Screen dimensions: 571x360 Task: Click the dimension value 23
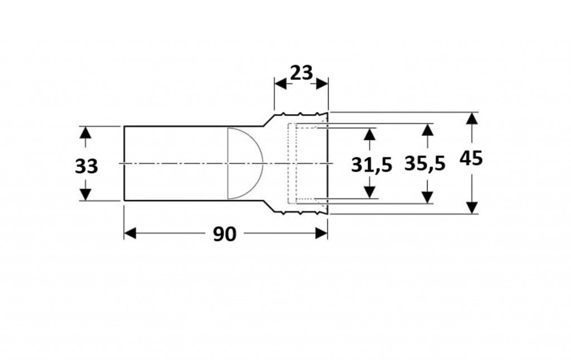click(x=301, y=73)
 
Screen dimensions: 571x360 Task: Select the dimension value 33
click(x=86, y=166)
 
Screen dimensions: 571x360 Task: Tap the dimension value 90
click(x=224, y=234)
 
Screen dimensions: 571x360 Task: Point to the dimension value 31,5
click(x=371, y=165)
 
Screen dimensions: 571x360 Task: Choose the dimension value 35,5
click(x=424, y=163)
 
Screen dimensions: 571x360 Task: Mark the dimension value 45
click(x=471, y=158)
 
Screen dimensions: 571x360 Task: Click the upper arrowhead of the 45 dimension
click(x=472, y=119)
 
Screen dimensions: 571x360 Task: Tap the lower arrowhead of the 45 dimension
click(x=472, y=207)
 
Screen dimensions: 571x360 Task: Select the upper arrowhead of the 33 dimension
click(x=85, y=133)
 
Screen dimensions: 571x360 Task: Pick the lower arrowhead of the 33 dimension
click(x=85, y=194)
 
